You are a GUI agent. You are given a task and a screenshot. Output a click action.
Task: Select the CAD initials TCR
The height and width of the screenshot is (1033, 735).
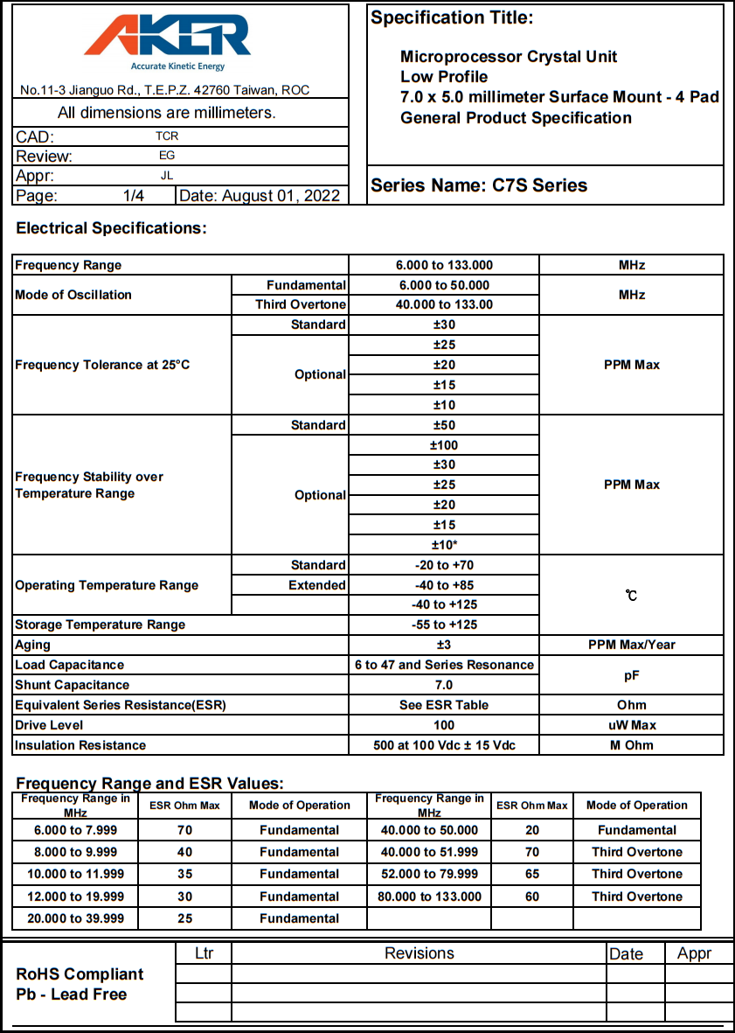tap(167, 136)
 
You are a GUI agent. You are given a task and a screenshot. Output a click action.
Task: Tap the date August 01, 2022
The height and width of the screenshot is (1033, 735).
tap(260, 196)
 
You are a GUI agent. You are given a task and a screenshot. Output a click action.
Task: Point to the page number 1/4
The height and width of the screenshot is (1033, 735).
tap(134, 196)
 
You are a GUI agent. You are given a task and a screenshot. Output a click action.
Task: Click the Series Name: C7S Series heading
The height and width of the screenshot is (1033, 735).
tap(479, 185)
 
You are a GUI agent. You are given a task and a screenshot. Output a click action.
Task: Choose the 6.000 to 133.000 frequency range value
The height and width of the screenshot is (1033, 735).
tap(444, 265)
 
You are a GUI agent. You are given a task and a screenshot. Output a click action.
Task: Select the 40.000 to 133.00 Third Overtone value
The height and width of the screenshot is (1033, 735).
tap(444, 304)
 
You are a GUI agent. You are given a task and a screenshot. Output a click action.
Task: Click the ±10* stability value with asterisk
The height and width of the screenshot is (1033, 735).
tap(444, 545)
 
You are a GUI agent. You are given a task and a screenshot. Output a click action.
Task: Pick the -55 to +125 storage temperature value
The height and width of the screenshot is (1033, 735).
tap(444, 625)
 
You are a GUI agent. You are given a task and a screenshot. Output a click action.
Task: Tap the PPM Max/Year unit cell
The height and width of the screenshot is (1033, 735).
tap(631, 645)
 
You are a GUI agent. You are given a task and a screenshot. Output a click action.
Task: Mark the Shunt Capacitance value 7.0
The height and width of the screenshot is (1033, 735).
tap(444, 685)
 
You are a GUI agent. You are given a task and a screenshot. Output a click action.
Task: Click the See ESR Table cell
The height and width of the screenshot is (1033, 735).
tap(444, 705)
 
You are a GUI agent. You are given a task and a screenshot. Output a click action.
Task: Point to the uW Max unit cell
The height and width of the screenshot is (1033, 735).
tap(631, 725)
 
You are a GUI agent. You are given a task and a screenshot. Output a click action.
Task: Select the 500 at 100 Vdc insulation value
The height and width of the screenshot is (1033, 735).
tap(444, 745)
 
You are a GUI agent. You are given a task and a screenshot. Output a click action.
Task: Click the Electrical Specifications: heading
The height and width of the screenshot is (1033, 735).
tap(112, 229)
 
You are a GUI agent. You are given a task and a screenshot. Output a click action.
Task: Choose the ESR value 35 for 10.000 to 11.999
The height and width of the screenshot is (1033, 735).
tap(184, 874)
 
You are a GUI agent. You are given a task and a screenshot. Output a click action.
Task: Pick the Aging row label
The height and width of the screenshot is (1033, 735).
tap(33, 645)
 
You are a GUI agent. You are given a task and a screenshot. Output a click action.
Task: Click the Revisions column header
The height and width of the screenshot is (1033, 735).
tap(419, 953)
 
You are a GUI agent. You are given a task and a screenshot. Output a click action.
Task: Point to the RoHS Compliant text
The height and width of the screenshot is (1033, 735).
tap(80, 974)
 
